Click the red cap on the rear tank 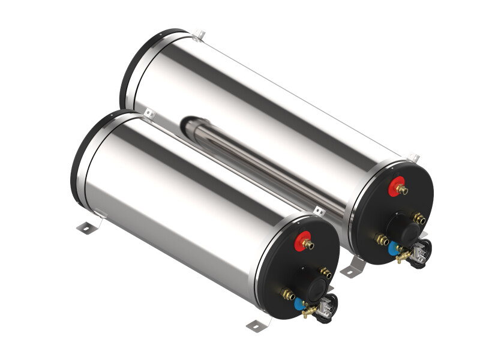pos(396,187)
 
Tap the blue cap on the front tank pos(299,304)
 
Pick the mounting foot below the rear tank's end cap pos(353,268)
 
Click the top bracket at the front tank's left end pos(149,113)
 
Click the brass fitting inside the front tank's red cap pos(308,244)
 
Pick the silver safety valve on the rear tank pos(421,251)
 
